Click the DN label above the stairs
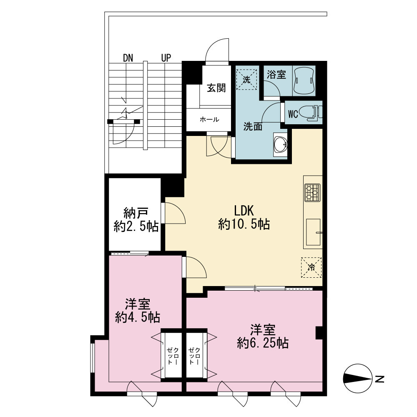coord(128,58)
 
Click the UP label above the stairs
coord(166,58)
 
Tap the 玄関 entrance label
coord(216,88)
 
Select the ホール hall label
coord(209,119)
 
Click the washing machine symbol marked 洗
coord(246,79)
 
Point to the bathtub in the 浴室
coord(304,81)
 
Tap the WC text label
coord(293,114)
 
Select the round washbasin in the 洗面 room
coord(280,144)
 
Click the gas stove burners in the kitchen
coord(312,192)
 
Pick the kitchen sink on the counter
coord(313,232)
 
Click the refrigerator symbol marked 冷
coord(311,267)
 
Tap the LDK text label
coord(244,211)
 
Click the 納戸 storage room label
coord(136,213)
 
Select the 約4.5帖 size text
coord(138,317)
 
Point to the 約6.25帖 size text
coord(263,343)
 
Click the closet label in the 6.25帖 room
coord(194,356)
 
